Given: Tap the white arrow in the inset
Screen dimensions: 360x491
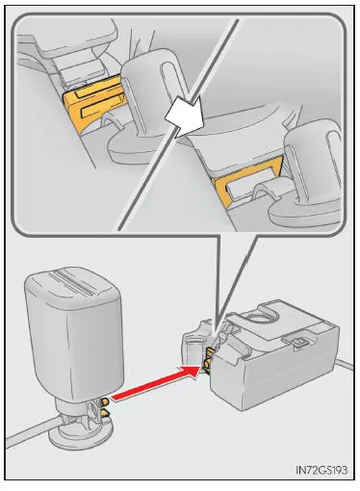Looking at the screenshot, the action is [x=186, y=116].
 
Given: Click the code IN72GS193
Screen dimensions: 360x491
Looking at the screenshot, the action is [x=321, y=470].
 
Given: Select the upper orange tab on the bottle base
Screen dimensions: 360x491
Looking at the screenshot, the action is [x=105, y=401].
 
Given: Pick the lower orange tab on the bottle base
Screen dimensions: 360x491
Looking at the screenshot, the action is [x=105, y=413].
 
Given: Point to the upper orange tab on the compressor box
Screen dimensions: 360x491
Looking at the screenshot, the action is [x=210, y=353].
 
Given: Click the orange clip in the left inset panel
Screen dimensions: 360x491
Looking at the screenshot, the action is [x=93, y=103].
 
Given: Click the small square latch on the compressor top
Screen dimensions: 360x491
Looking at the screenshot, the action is [x=297, y=342].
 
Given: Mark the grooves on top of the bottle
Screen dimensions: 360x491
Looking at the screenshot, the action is [x=74, y=282].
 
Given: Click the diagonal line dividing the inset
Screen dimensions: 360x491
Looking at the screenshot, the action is [x=178, y=125].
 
